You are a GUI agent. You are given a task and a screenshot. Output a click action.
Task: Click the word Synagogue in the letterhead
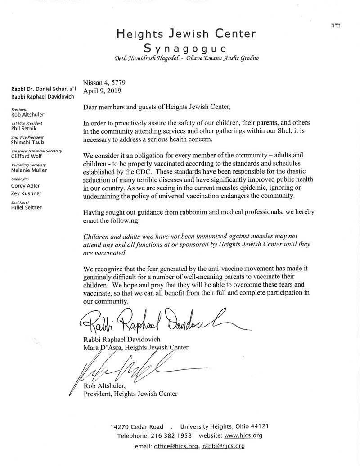tap(185, 48)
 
